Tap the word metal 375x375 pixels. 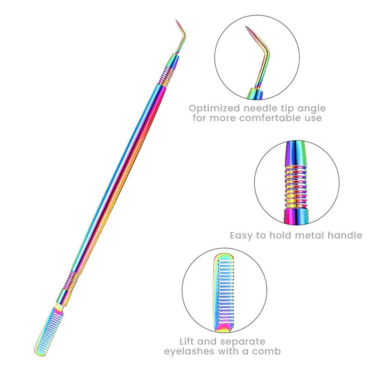[x=300, y=236]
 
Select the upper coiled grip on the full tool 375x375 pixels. [x=165, y=77]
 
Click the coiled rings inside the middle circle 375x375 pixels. [x=296, y=184]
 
